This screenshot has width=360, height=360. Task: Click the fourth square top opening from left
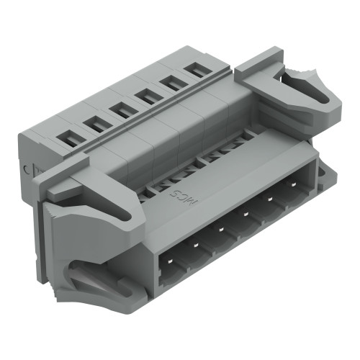(x=145, y=97)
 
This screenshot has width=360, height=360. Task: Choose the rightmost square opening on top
(x=194, y=71)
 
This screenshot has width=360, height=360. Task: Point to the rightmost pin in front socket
(x=295, y=189)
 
